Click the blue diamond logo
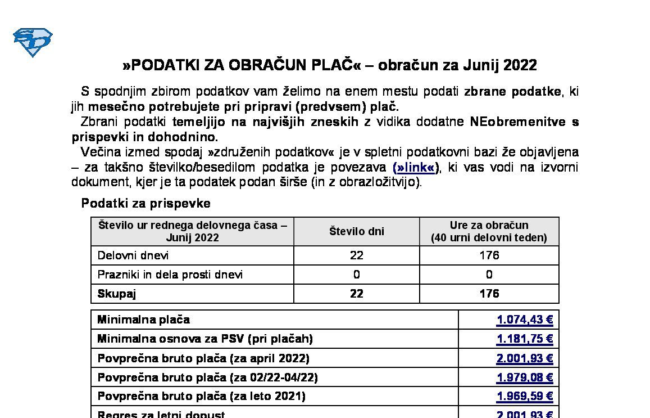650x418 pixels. coord(33,42)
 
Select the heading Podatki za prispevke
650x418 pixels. coord(146,203)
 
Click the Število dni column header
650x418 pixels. coord(356,231)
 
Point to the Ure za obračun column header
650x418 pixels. coord(489,231)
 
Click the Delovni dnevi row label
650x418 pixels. coord(133,255)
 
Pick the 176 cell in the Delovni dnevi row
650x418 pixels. coord(489,255)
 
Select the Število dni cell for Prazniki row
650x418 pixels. coord(356,275)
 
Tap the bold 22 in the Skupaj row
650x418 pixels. coord(356,294)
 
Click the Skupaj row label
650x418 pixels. coord(117,294)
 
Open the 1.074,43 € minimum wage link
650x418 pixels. coord(525,320)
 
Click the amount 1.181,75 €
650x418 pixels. coord(525,339)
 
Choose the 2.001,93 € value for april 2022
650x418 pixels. coord(525,358)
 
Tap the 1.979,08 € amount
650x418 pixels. coord(525,377)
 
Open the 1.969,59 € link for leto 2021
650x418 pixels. coord(525,397)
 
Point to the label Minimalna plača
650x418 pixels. coord(144,320)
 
